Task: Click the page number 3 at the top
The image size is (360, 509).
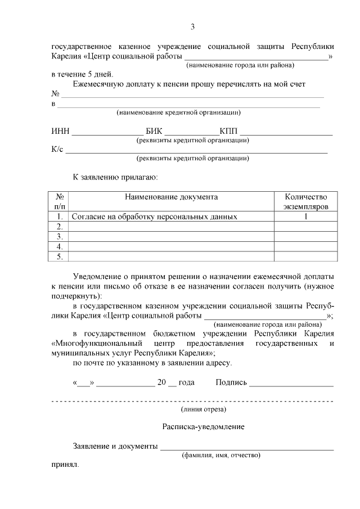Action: coord(192,26)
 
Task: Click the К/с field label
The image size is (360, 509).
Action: coord(57,149)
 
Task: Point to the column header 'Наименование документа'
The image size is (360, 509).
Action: coord(171,197)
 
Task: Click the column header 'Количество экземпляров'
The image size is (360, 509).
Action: coord(305,202)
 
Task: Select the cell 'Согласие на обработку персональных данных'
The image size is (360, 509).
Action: coord(154,217)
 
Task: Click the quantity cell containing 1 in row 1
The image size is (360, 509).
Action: coord(305,217)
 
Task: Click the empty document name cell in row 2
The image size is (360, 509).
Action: coord(171,227)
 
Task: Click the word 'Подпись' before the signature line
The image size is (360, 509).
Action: coord(231,382)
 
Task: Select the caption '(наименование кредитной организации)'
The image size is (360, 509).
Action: coord(179,112)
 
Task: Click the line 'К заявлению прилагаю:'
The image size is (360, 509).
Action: coord(115,177)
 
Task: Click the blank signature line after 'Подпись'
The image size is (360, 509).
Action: coord(291,385)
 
